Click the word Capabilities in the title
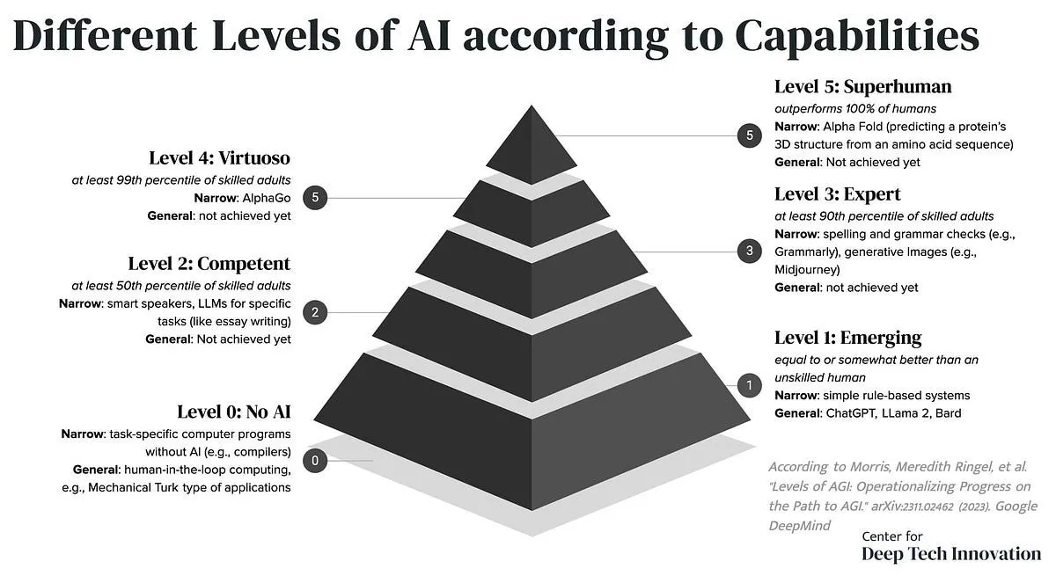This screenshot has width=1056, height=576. [856, 37]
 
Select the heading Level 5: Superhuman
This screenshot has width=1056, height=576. [862, 87]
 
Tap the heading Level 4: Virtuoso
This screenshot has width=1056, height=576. [220, 158]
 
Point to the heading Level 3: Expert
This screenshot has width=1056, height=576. [837, 194]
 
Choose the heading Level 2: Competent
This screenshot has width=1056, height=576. [209, 264]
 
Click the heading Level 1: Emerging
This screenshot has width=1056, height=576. [848, 338]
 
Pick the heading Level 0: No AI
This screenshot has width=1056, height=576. [234, 412]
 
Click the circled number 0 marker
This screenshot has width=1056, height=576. [315, 460]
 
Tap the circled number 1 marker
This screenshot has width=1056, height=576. [749, 385]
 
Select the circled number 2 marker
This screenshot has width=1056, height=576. [315, 312]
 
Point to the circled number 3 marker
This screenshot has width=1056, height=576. [749, 251]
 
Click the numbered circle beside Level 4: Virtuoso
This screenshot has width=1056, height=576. [315, 197]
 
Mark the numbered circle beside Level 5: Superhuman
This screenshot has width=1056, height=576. [749, 135]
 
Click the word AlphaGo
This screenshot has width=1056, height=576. [267, 198]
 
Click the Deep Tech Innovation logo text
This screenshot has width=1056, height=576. [951, 554]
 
